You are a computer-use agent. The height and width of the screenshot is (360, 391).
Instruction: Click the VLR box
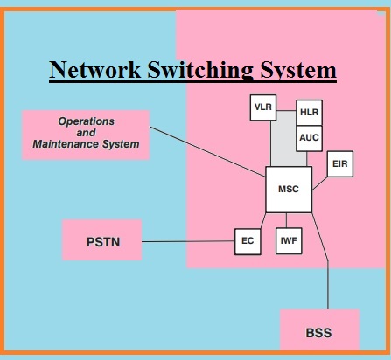coord(263,107)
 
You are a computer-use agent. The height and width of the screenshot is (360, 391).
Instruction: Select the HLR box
coord(309,113)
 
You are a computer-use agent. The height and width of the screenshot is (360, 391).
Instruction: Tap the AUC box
coord(309,139)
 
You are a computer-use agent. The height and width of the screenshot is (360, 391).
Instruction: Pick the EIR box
coord(340,164)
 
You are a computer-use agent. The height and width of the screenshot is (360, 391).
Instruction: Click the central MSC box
coord(289,190)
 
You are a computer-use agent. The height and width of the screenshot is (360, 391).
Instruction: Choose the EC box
coord(248,241)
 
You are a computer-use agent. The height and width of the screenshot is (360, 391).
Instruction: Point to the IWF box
coord(289,241)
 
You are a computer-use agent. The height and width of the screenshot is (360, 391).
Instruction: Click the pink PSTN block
coord(102,240)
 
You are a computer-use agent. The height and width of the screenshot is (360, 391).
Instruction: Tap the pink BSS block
coord(319,329)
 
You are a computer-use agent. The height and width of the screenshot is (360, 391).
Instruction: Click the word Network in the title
coord(95,70)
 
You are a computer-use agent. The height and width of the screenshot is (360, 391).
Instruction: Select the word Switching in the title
coord(200,71)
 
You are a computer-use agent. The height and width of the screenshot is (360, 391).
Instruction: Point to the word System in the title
coord(298,71)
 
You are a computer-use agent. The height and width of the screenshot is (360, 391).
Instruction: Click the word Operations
coord(87,121)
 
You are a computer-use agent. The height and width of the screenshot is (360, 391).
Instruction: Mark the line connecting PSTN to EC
coord(188,241)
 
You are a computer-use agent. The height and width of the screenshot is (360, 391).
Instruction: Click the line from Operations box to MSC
coord(207,152)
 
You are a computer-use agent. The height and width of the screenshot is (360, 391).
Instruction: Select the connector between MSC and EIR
coord(319,183)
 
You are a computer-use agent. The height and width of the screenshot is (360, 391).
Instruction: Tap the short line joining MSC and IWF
coord(286,220)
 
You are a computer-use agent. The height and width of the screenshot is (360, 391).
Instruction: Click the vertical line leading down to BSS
coord(328,286)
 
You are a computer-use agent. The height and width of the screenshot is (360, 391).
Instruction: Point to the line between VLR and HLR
coord(286,111)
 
